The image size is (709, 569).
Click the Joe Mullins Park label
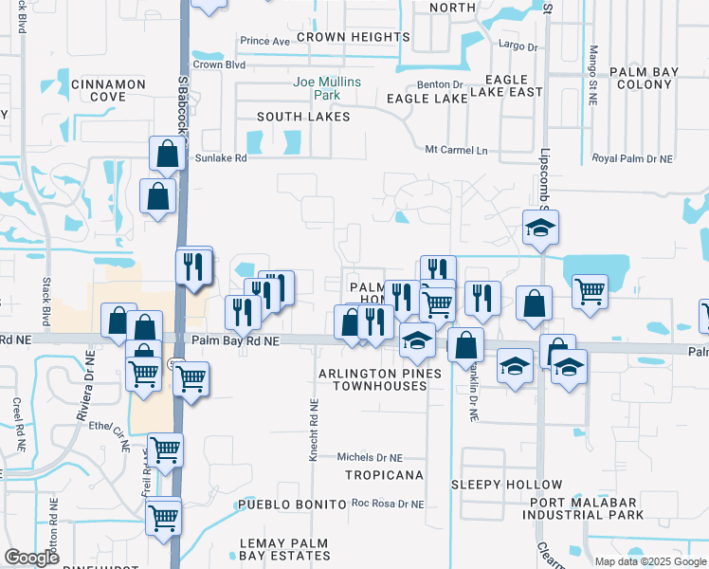327,89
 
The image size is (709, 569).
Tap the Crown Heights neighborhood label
353,37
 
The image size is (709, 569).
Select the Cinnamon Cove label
108,90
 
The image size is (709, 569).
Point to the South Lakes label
303,117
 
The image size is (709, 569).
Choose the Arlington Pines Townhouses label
380,380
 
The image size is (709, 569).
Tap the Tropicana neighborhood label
383,473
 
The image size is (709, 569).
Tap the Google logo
33,559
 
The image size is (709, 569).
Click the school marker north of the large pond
540,228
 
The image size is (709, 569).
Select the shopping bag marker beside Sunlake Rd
167,154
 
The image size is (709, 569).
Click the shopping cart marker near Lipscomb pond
590,290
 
